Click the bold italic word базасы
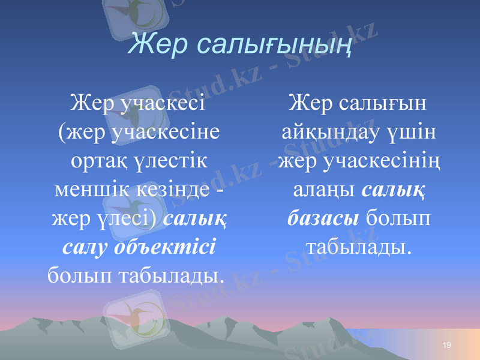323,217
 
